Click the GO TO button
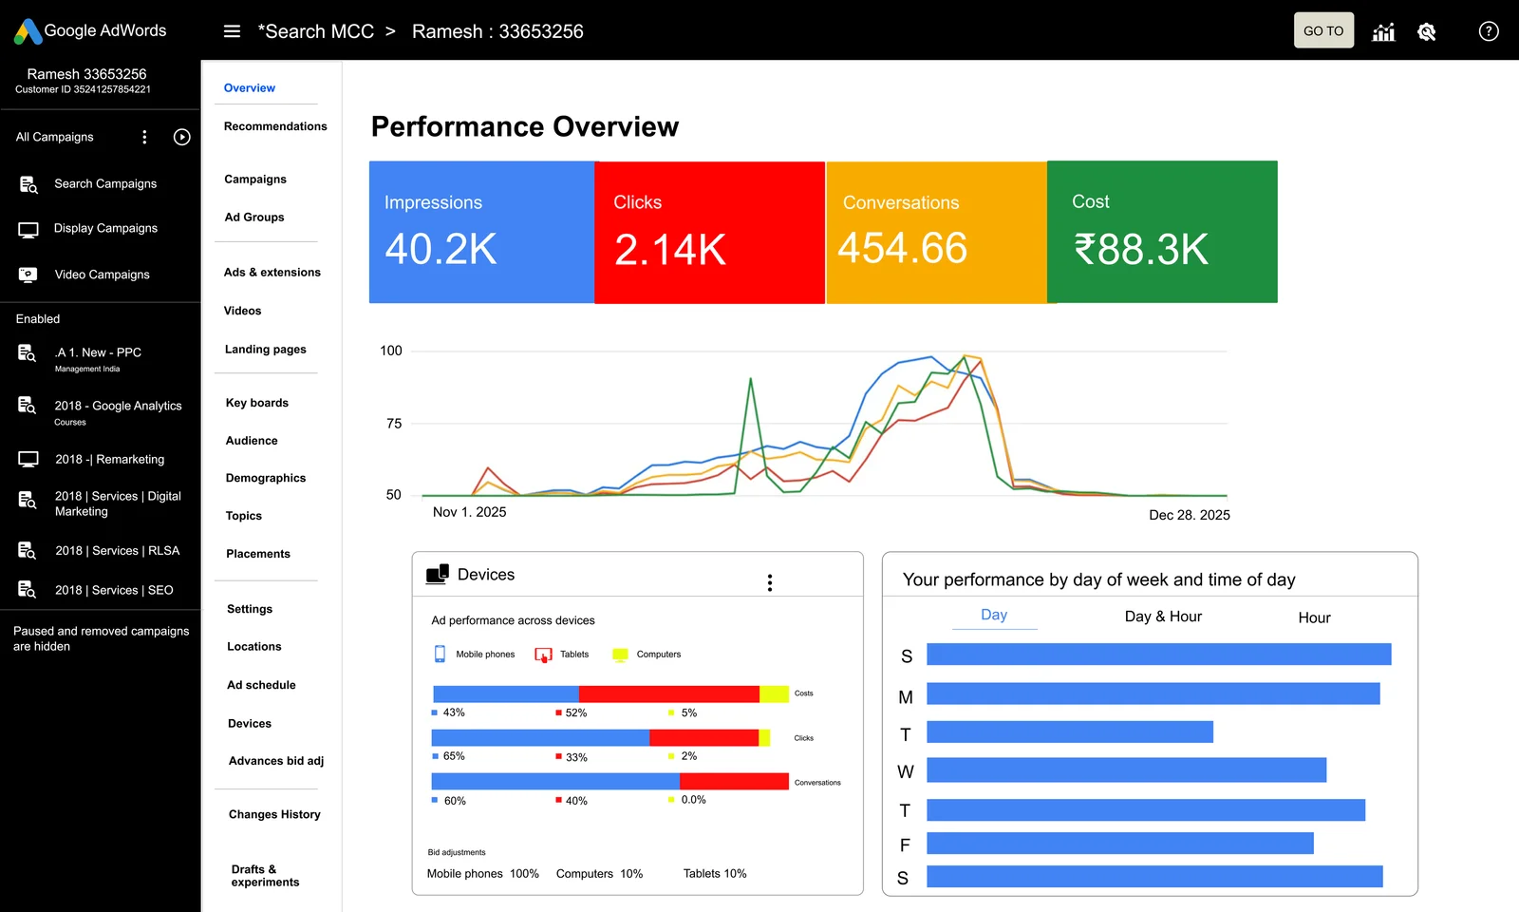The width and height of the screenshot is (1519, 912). pyautogui.click(x=1323, y=30)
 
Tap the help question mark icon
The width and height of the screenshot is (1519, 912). pyautogui.click(x=1489, y=31)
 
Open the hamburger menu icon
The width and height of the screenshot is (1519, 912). pyautogui.click(x=232, y=31)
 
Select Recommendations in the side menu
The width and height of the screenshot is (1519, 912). pyautogui.click(x=275, y=126)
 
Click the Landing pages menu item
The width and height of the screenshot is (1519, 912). pyautogui.click(x=266, y=350)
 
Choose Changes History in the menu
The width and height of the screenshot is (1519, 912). pyautogui.click(x=274, y=814)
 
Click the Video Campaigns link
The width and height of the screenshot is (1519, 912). pyautogui.click(x=102, y=275)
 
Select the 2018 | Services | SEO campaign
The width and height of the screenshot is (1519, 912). pyautogui.click(x=114, y=590)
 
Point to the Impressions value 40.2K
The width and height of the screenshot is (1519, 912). pyautogui.click(x=441, y=249)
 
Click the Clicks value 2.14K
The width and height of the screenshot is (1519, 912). pyautogui.click(x=669, y=250)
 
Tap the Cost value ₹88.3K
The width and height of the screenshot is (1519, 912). pyautogui.click(x=1140, y=250)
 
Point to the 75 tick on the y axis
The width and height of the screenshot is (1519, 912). pyautogui.click(x=394, y=424)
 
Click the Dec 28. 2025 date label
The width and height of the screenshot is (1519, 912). pyautogui.click(x=1189, y=515)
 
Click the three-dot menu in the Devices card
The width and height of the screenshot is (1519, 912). pyautogui.click(x=770, y=582)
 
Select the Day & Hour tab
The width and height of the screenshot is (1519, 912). pyautogui.click(x=1163, y=617)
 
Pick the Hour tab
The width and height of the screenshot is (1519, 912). pyautogui.click(x=1314, y=617)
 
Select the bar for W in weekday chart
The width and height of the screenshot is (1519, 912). pyautogui.click(x=1126, y=770)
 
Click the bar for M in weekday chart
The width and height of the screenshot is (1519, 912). pyautogui.click(x=1153, y=693)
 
